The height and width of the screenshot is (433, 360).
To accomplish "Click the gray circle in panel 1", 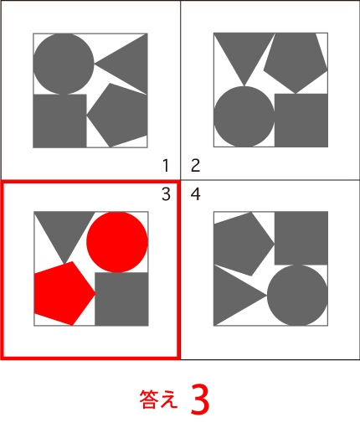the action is point(64,64).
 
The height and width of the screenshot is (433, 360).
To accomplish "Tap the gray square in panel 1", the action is point(59,121).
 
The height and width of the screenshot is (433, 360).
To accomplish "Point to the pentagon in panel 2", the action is point(296,62).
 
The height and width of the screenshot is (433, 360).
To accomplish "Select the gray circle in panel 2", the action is point(244,116).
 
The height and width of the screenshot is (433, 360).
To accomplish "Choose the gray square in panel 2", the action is point(301,121).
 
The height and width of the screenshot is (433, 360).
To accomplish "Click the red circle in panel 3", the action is point(117,242).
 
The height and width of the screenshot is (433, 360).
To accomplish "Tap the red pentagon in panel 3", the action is point(63,293).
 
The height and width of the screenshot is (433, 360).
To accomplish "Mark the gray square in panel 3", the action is point(121,299).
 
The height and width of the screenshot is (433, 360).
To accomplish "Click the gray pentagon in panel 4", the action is point(242,244).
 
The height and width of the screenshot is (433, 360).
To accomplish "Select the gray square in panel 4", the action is point(301,238).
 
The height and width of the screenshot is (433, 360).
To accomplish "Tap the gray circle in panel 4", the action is point(297,295).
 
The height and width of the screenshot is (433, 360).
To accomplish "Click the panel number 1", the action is point(166,165).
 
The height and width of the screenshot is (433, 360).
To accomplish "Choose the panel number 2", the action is point(195,165).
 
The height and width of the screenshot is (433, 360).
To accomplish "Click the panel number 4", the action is point(195,194).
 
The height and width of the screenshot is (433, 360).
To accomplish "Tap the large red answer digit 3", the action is point(200,399).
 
